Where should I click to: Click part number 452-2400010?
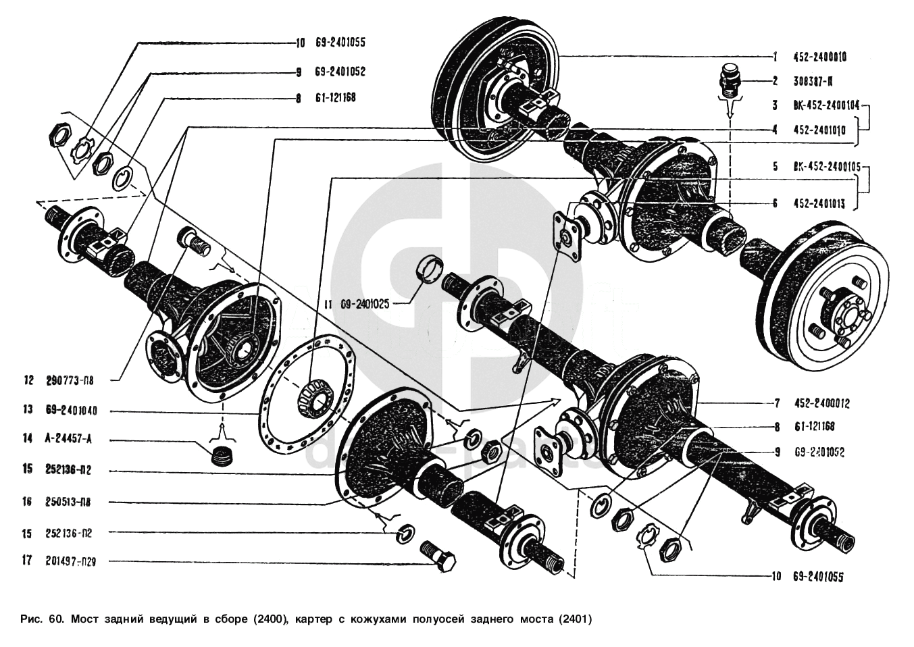(819, 57)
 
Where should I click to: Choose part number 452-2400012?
(821, 404)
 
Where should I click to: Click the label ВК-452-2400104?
(826, 105)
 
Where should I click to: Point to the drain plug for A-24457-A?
(221, 455)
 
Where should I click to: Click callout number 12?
(28, 380)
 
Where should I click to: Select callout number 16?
(27, 502)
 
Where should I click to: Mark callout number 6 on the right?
(776, 203)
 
